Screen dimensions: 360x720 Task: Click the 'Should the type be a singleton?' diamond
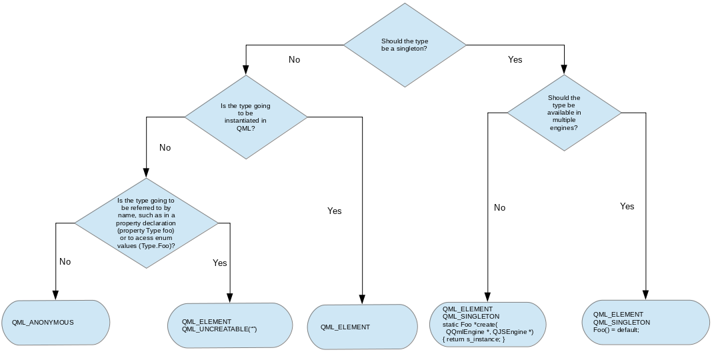pos(405,45)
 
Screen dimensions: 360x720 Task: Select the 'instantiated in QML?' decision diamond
pos(246,117)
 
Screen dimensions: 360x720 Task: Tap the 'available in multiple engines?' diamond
pos(564,112)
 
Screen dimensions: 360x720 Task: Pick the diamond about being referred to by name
pos(146,223)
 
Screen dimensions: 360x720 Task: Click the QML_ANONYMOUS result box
pos(55,322)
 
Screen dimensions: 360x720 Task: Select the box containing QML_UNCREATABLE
pos(231,325)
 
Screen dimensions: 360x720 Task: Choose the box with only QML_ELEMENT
pos(362,327)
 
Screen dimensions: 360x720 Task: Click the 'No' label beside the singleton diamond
pos(294,59)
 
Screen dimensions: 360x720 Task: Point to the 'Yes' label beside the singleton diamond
pos(515,59)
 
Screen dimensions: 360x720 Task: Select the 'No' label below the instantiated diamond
pos(165,147)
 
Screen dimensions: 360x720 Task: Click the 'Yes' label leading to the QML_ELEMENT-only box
pos(334,211)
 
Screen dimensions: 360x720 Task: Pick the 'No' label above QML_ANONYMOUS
pos(65,261)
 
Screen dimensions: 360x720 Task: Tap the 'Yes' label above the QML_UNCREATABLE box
pos(219,263)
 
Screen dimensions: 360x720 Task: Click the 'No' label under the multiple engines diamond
pos(499,207)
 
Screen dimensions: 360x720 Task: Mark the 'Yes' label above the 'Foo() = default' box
pos(627,206)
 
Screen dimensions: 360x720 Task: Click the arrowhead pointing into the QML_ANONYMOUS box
pos(55,295)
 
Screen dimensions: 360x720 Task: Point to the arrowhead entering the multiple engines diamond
pos(564,69)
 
